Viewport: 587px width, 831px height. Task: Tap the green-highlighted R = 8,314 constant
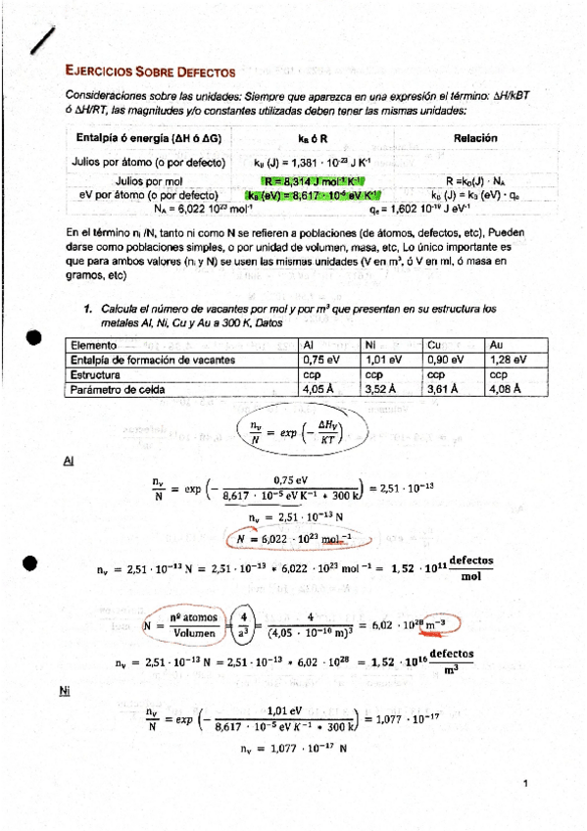(x=312, y=181)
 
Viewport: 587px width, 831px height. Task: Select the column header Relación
(x=474, y=138)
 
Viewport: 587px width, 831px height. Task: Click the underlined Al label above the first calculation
(x=68, y=461)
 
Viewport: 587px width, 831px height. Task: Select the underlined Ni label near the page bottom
(x=65, y=691)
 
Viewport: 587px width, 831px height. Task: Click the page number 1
(x=525, y=783)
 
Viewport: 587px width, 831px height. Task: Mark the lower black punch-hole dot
(x=32, y=562)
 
